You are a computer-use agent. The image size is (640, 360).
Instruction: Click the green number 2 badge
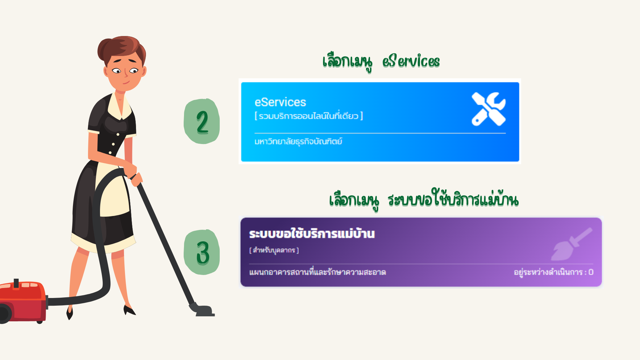202,121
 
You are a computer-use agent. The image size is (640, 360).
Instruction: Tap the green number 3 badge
202,252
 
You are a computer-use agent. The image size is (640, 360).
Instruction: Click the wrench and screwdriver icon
489,109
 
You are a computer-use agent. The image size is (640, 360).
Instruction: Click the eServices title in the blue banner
280,102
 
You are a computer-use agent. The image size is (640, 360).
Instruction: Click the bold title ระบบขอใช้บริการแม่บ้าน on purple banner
312,233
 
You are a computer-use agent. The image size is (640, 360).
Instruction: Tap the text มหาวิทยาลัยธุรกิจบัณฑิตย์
298,141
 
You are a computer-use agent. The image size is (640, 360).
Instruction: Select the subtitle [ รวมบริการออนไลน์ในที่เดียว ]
309,116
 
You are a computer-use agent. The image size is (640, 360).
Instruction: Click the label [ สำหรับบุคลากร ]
274,250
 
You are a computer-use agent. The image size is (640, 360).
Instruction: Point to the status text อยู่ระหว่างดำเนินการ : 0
554,272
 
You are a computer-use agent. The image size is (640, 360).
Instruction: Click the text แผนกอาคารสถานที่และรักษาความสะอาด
317,272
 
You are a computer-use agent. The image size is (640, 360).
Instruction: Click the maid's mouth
126,82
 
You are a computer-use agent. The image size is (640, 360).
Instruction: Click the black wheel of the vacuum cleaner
5,314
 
